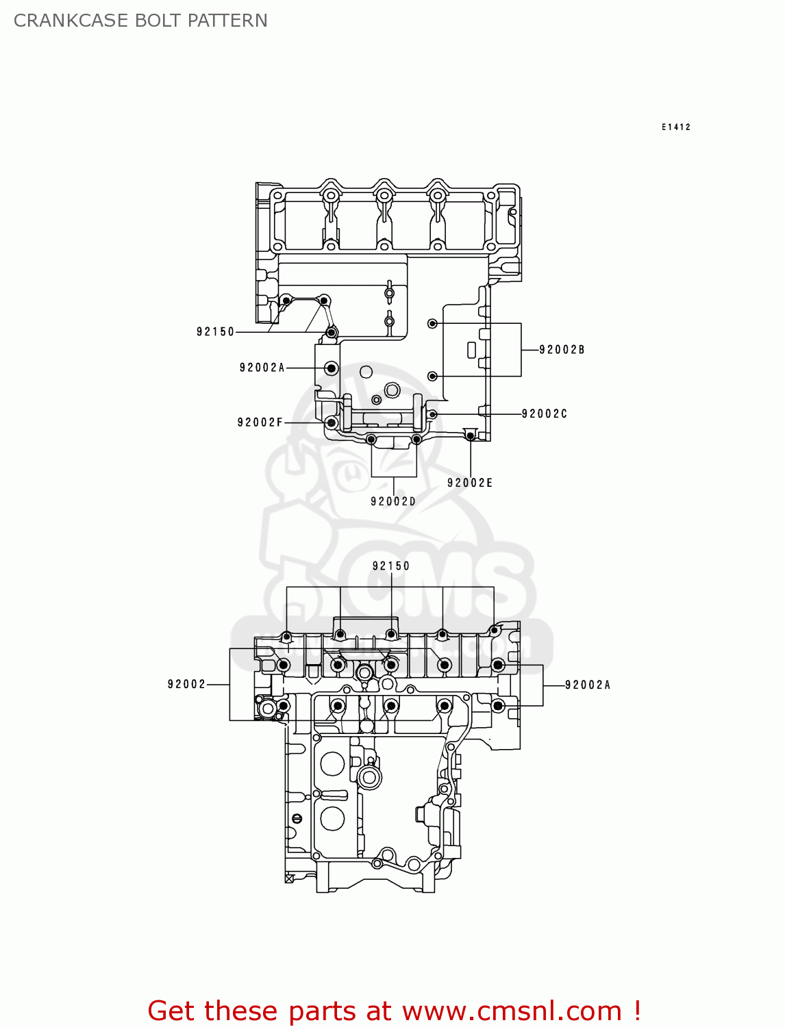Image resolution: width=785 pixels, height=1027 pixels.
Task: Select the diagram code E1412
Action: (675, 127)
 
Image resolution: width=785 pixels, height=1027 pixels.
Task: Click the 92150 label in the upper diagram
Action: (215, 332)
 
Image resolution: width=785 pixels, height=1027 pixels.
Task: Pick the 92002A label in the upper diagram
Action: (262, 368)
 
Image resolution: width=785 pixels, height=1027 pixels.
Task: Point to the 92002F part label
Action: (260, 422)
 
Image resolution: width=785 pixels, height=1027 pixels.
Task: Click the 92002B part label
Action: (562, 350)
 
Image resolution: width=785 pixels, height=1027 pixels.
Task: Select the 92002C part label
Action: (545, 414)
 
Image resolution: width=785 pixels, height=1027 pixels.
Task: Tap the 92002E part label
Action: (470, 483)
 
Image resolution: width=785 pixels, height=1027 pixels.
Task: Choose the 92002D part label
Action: (393, 502)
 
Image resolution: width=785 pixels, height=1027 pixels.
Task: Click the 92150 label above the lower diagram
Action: (391, 566)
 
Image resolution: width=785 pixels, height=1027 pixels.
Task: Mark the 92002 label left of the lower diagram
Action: (186, 684)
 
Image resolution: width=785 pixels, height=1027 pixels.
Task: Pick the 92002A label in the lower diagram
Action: (588, 685)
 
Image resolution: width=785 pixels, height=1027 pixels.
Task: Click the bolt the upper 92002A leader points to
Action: (332, 368)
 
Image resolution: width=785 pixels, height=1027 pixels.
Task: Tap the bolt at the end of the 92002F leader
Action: (332, 422)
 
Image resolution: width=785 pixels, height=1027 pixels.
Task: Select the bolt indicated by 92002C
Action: (432, 414)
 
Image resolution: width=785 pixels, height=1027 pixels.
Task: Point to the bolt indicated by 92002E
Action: (471, 435)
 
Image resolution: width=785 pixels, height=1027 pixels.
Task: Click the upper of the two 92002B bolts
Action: (432, 323)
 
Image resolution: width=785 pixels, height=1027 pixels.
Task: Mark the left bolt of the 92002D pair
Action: (371, 440)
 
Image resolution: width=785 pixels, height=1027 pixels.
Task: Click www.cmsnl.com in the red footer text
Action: (511, 1011)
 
